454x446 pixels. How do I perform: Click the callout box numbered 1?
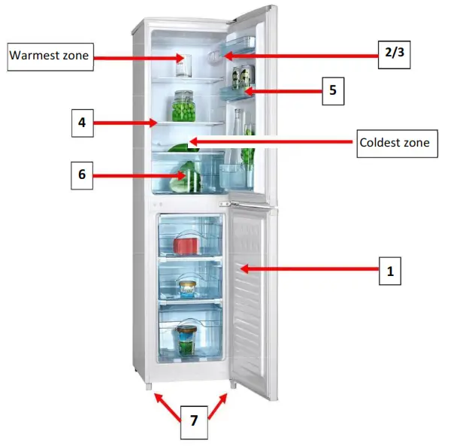(389, 271)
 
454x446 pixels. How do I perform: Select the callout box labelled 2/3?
(393, 53)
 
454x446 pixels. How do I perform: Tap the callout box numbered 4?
(83, 123)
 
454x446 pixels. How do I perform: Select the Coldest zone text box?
(396, 142)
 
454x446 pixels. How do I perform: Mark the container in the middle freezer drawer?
(187, 288)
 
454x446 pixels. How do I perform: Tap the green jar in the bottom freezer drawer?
(186, 341)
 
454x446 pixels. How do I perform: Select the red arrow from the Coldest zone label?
(271, 141)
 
